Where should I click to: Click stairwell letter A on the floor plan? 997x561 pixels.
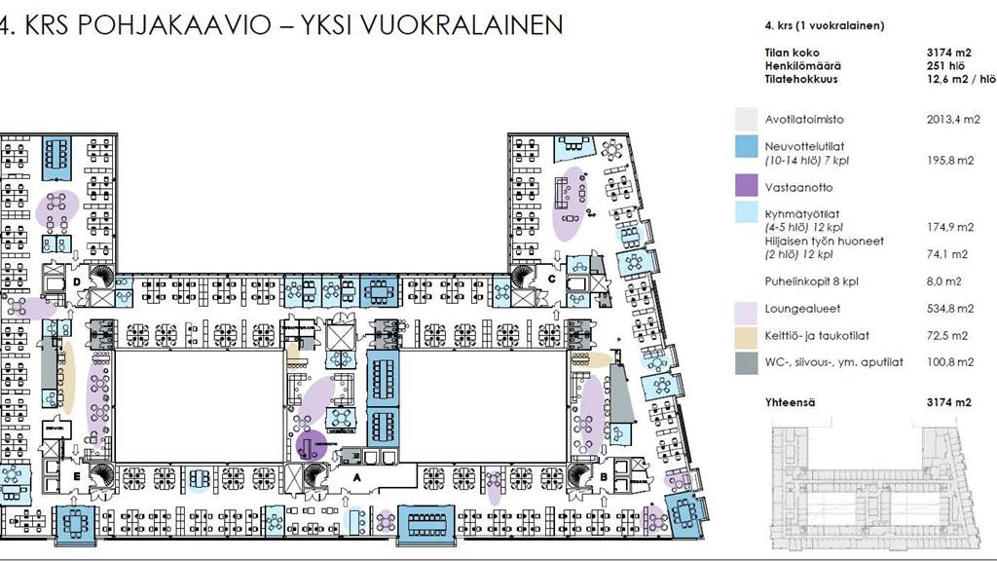[x=356, y=478]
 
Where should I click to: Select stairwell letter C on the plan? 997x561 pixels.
[x=552, y=279]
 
